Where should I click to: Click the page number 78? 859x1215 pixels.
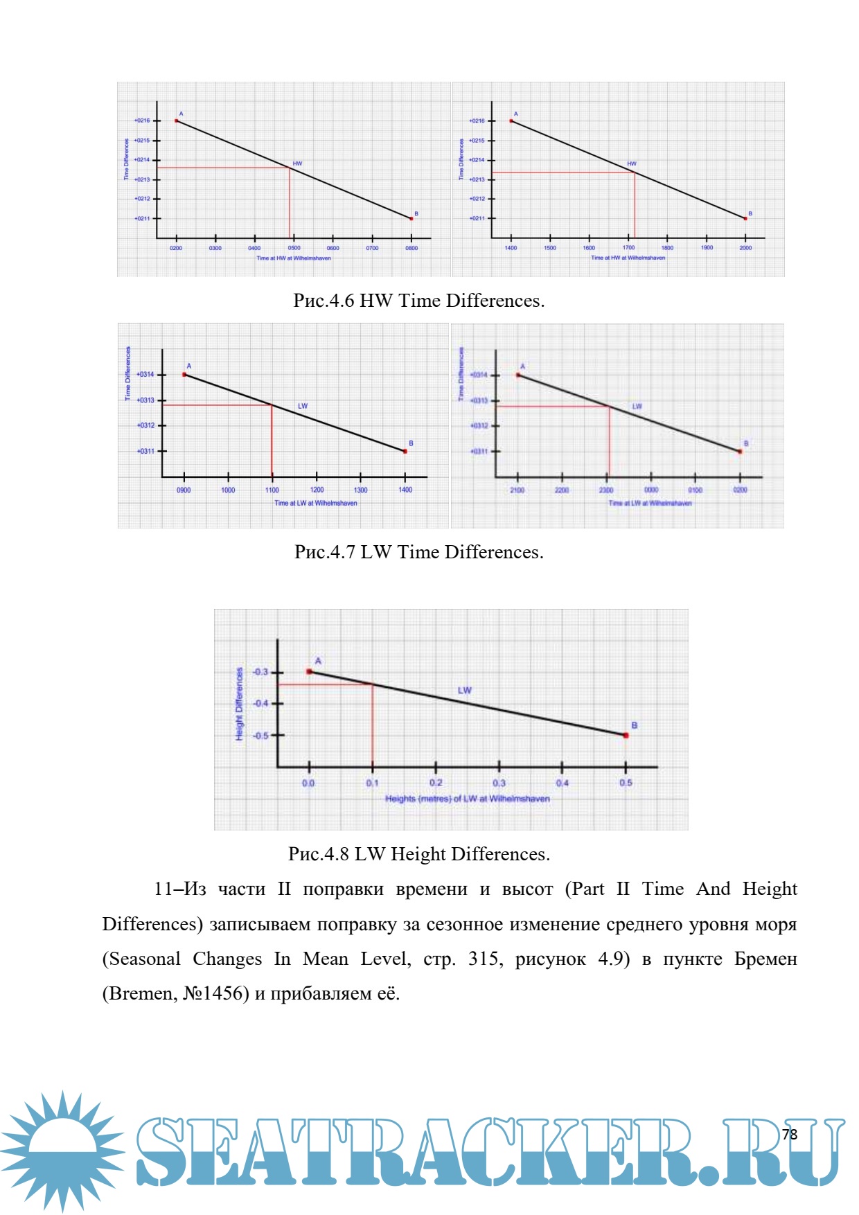[x=789, y=1134]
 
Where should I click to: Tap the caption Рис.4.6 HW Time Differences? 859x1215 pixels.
[x=418, y=301]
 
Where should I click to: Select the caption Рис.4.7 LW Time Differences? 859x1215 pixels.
[x=418, y=552]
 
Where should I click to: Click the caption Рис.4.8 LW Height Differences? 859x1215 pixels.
[x=418, y=854]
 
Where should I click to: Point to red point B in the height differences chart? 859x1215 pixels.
[x=626, y=735]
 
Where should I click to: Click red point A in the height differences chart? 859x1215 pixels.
[x=310, y=671]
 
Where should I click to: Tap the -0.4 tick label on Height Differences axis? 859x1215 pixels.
[x=260, y=703]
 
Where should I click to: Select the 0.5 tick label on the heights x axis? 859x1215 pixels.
[x=626, y=783]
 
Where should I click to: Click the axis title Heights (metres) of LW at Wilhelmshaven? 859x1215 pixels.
[x=467, y=799]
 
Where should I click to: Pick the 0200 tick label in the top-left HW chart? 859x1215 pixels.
[x=176, y=248]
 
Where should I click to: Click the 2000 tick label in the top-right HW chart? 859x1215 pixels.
[x=745, y=248]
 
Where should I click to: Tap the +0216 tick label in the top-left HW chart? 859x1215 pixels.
[x=142, y=121]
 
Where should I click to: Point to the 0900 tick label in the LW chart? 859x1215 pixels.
[x=184, y=490]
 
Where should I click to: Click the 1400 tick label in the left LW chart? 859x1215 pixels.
[x=405, y=490]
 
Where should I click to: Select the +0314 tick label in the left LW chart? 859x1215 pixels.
[x=145, y=375]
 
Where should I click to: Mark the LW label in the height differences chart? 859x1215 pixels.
[x=464, y=691]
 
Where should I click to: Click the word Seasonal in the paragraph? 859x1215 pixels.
[x=145, y=959]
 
